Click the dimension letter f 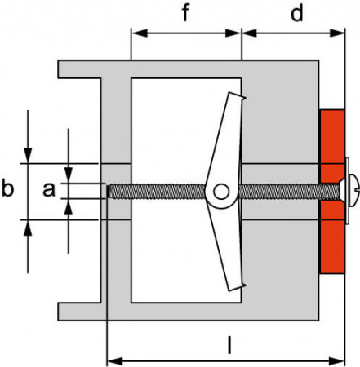(x=186, y=13)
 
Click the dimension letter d (x=296, y=13)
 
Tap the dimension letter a (x=49, y=189)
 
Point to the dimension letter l (x=229, y=345)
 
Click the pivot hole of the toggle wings (x=221, y=192)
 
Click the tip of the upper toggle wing (x=246, y=98)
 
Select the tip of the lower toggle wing (x=246, y=285)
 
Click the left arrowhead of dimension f (x=140, y=33)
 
